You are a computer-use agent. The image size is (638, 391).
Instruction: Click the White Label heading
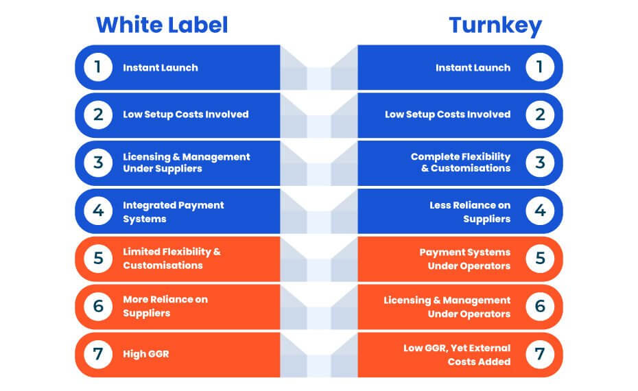[162, 25]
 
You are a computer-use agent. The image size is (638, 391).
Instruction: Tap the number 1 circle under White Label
[98, 67]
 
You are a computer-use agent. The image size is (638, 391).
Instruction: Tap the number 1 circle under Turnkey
[540, 67]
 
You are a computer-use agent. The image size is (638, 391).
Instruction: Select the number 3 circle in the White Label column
[98, 163]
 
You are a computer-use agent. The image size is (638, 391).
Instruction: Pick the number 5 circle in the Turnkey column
[540, 259]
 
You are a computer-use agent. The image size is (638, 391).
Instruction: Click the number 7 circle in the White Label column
[98, 354]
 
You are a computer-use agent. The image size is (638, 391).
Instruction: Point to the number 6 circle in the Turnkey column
[540, 306]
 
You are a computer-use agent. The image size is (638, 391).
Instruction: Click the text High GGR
[146, 354]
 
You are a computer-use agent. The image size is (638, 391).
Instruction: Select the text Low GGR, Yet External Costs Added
[457, 355]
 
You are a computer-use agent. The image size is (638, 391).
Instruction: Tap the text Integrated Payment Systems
[174, 211]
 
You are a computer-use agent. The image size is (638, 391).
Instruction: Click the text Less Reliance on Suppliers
[470, 211]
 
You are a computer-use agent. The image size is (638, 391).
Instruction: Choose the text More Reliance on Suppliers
[165, 306]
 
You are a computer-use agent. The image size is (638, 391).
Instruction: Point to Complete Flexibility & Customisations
[460, 163]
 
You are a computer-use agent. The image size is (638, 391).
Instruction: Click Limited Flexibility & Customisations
[172, 259]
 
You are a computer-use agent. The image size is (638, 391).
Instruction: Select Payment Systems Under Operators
[465, 259]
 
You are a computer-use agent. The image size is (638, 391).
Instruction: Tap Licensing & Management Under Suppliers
[187, 163]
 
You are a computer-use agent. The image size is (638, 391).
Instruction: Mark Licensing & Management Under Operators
[447, 307]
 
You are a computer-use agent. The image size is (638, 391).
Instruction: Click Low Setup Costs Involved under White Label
[185, 115]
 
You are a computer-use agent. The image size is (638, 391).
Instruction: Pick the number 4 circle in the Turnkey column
[540, 211]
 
